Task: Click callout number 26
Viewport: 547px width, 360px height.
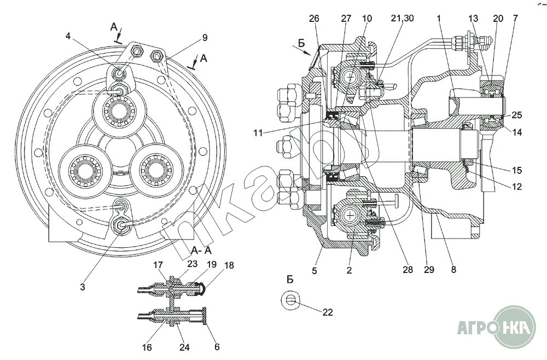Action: pos(314,19)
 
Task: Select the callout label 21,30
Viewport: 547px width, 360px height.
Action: pos(402,18)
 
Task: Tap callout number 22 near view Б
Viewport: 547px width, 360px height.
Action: pos(328,312)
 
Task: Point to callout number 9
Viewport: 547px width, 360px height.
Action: pos(205,38)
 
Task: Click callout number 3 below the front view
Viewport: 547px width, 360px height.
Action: pos(83,287)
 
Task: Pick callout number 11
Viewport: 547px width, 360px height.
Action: pos(258,133)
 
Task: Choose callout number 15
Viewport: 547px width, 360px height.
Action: pos(517,170)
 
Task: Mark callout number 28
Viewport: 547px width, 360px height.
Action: pos(408,270)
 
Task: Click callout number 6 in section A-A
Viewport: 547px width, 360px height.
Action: pos(217,347)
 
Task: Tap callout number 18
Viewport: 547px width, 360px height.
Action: pos(229,265)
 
